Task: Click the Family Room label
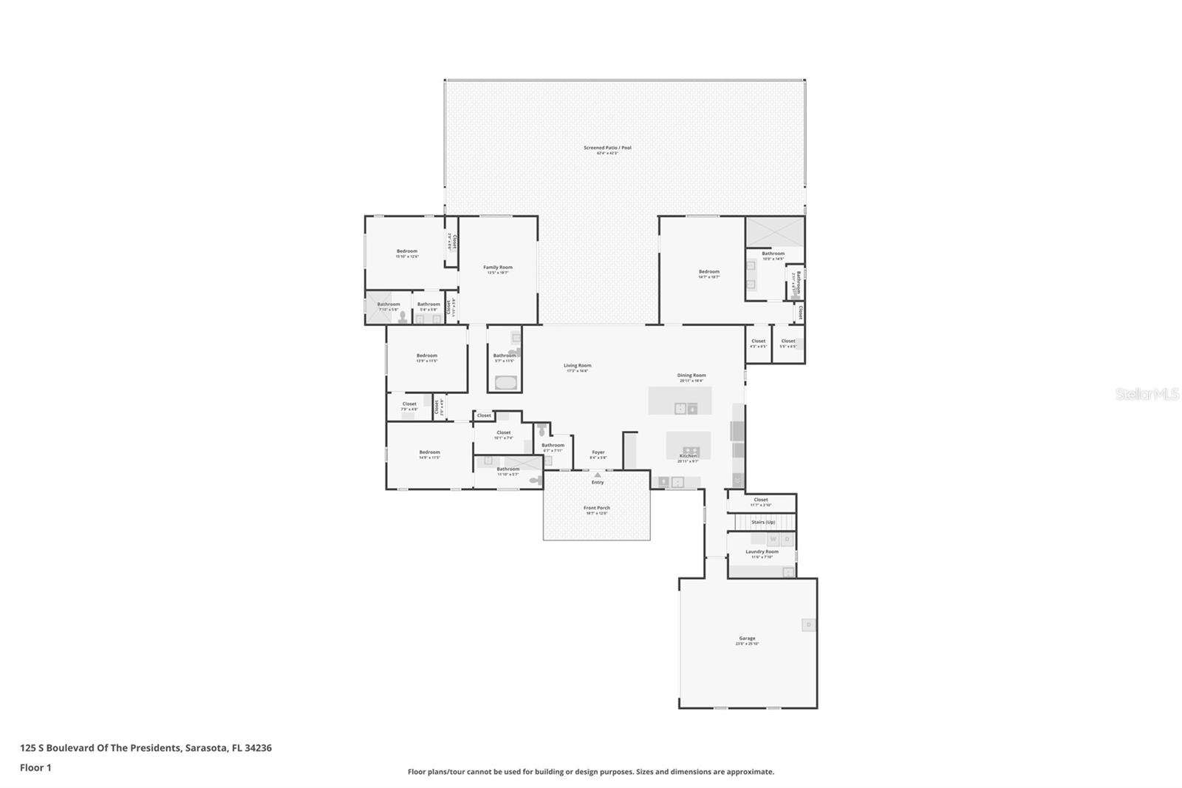tap(498, 268)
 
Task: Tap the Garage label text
tap(747, 638)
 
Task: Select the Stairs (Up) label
tap(763, 522)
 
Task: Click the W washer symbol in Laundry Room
tap(773, 540)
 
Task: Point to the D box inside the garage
tap(808, 625)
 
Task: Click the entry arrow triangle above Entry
tap(598, 475)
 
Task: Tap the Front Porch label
tap(597, 508)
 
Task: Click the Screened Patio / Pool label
tap(607, 148)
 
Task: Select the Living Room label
tap(578, 365)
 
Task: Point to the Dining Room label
tap(691, 376)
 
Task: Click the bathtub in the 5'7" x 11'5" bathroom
tap(505, 383)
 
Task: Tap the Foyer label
tap(598, 452)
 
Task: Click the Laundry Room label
tap(762, 551)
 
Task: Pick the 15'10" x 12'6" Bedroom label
tap(407, 251)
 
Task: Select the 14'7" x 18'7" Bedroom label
tap(709, 271)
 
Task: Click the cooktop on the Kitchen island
tap(691, 449)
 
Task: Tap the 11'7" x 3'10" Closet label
tap(761, 500)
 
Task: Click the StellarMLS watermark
tap(1147, 395)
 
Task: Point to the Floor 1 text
tap(35, 767)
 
